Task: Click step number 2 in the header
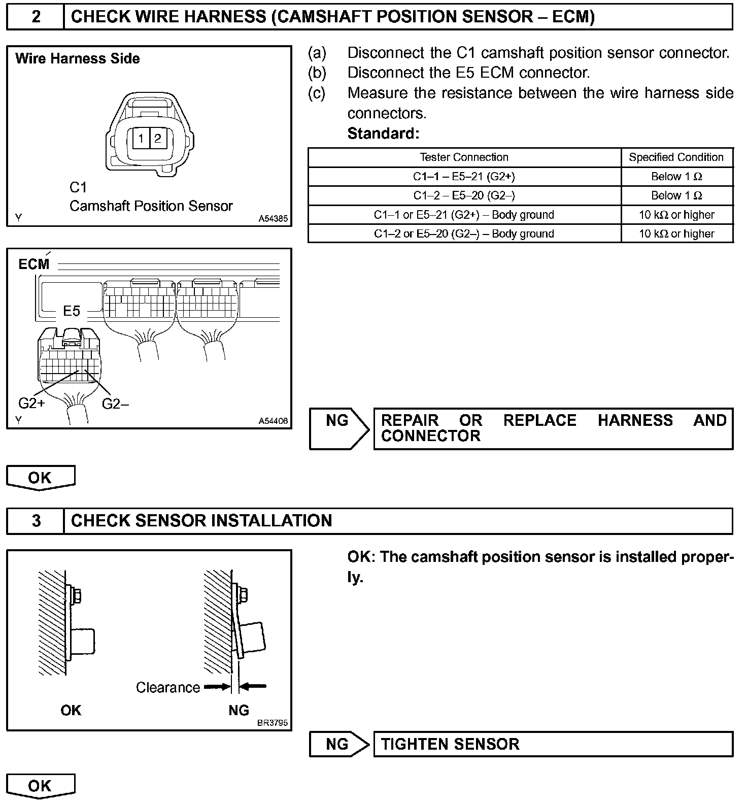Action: (x=36, y=17)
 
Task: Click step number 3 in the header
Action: (x=36, y=521)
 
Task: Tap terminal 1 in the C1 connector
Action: (x=141, y=139)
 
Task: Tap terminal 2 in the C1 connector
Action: (x=158, y=139)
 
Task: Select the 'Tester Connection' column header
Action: (x=464, y=157)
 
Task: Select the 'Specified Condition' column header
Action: (x=676, y=157)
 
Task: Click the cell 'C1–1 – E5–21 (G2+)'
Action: (x=464, y=177)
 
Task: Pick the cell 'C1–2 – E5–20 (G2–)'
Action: (x=464, y=196)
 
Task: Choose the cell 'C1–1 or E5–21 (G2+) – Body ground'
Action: (x=464, y=215)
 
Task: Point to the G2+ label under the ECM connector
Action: (x=31, y=404)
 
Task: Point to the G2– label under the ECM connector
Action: (x=115, y=404)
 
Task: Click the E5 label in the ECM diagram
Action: (x=72, y=311)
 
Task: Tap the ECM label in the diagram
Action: (x=34, y=264)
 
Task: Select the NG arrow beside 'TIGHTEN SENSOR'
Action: (x=338, y=744)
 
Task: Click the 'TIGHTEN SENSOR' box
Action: (x=553, y=744)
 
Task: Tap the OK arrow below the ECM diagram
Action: (x=40, y=478)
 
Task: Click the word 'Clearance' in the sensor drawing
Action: (x=168, y=687)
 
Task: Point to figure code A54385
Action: (x=273, y=219)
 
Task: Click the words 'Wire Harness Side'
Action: (x=78, y=58)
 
